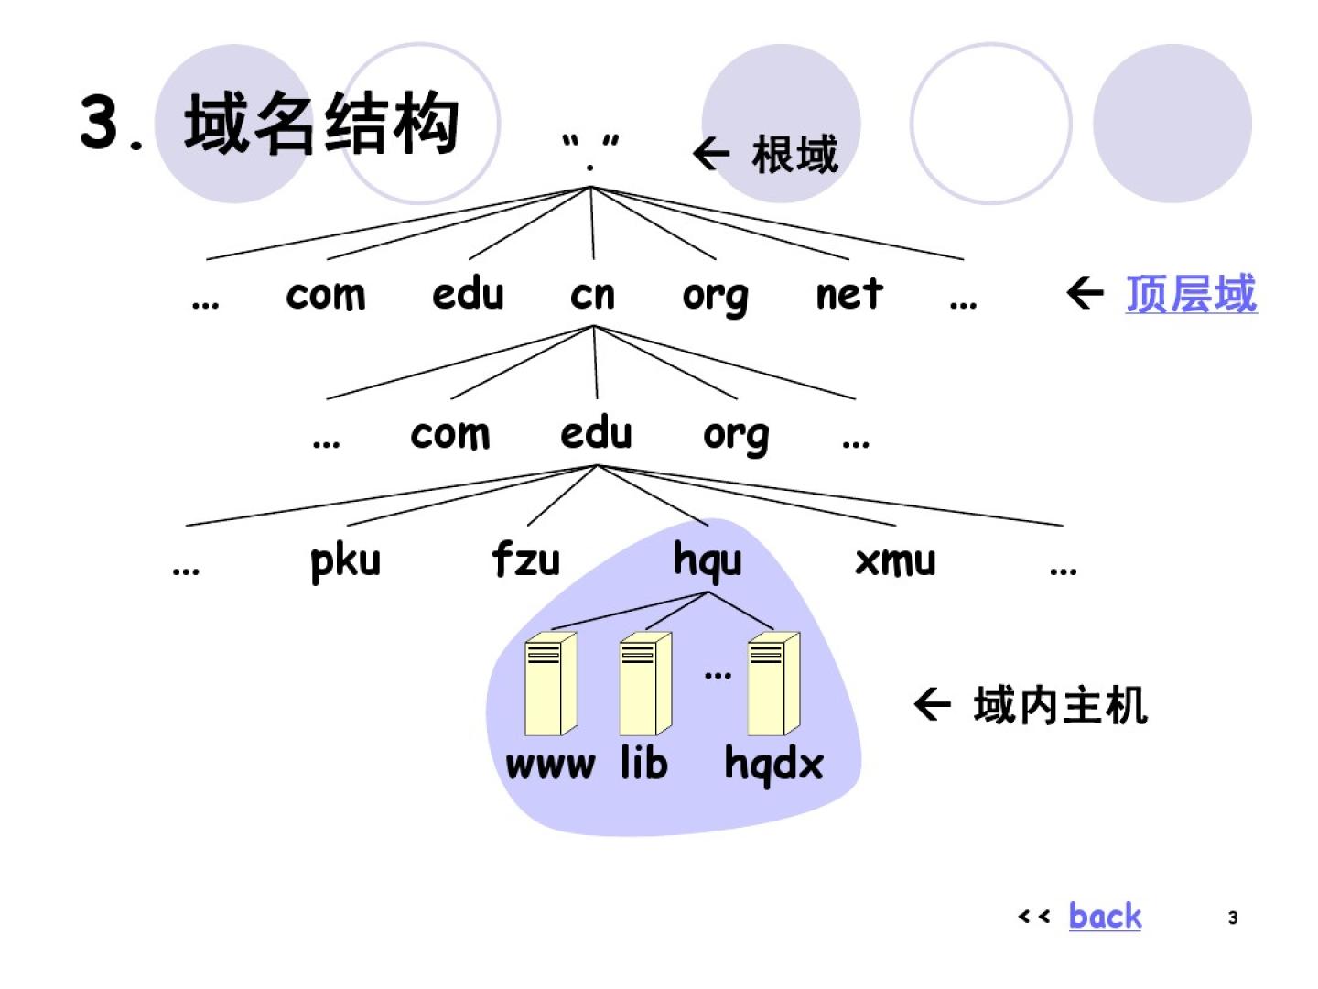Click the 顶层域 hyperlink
coord(1191,294)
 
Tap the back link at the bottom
coord(1105,916)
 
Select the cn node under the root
coord(592,295)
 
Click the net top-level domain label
coord(849,294)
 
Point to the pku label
coord(345,560)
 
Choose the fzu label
coord(525,559)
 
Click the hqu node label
coord(708,560)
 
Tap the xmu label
coord(895,560)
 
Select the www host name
coord(550,765)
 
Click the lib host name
coord(644,763)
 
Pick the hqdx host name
coord(773,765)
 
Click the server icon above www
coord(550,683)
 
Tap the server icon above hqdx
coord(773,683)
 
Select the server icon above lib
coord(645,683)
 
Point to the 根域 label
coord(794,155)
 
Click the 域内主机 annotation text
coord(1060,706)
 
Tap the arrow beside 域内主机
coord(933,704)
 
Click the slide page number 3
coord(1233,918)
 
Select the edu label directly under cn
coord(596,433)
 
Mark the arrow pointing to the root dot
coord(711,153)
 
